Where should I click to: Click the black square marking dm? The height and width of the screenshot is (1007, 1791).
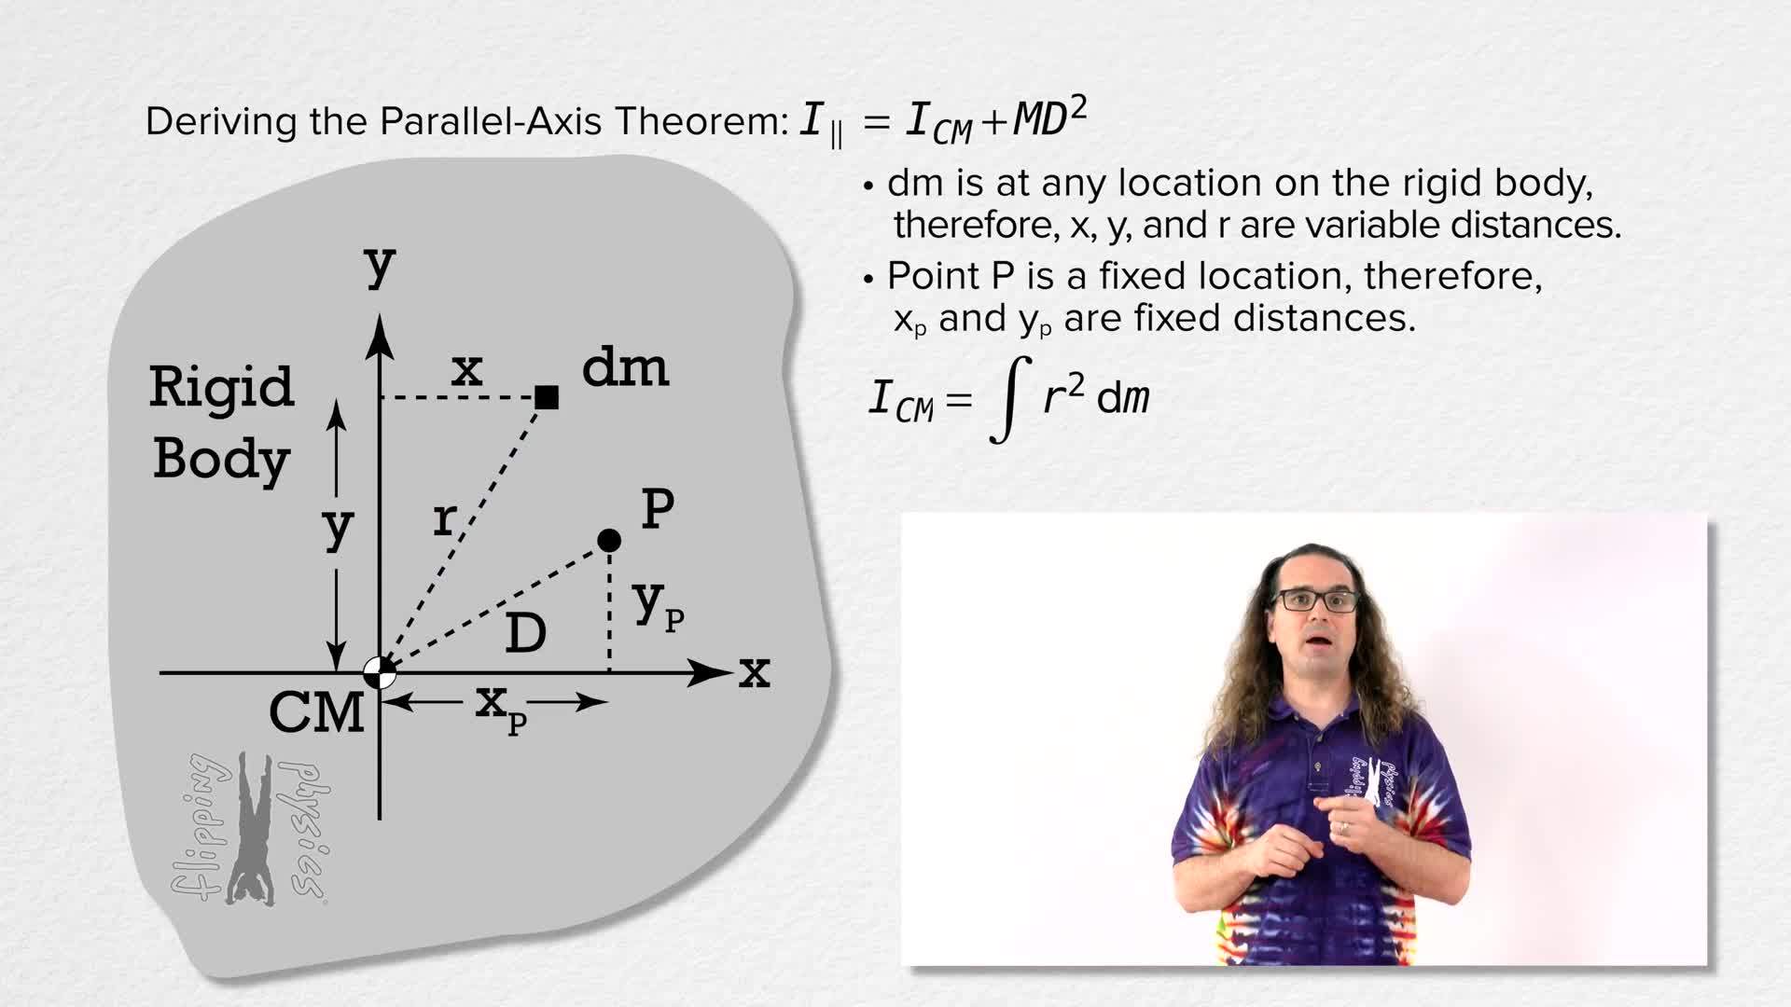point(547,398)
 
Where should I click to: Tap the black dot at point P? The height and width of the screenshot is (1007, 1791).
point(609,540)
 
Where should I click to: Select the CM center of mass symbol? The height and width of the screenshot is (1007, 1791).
point(379,672)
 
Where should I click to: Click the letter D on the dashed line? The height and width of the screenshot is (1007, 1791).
point(525,634)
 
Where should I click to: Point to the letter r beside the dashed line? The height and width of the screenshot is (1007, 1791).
point(445,519)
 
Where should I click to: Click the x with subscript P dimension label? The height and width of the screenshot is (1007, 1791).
point(500,707)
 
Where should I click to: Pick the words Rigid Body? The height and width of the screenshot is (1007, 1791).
point(222,422)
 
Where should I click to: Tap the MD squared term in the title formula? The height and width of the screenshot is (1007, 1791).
point(1050,119)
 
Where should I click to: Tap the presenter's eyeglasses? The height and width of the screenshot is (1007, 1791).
point(1316,600)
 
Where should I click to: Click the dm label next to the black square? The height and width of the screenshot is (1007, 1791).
point(625,368)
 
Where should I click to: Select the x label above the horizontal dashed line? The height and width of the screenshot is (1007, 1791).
point(466,370)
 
